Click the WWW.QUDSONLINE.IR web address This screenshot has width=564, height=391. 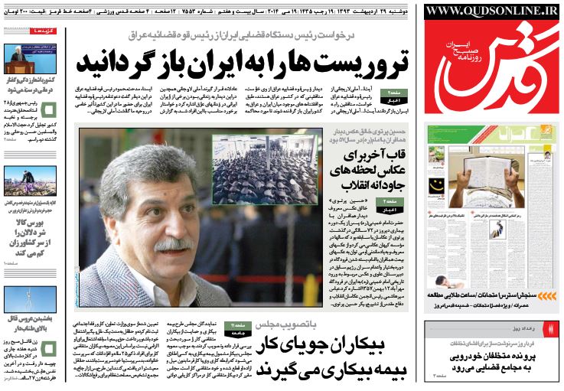[x=493, y=11]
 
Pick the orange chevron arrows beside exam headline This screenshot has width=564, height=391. [x=549, y=317]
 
